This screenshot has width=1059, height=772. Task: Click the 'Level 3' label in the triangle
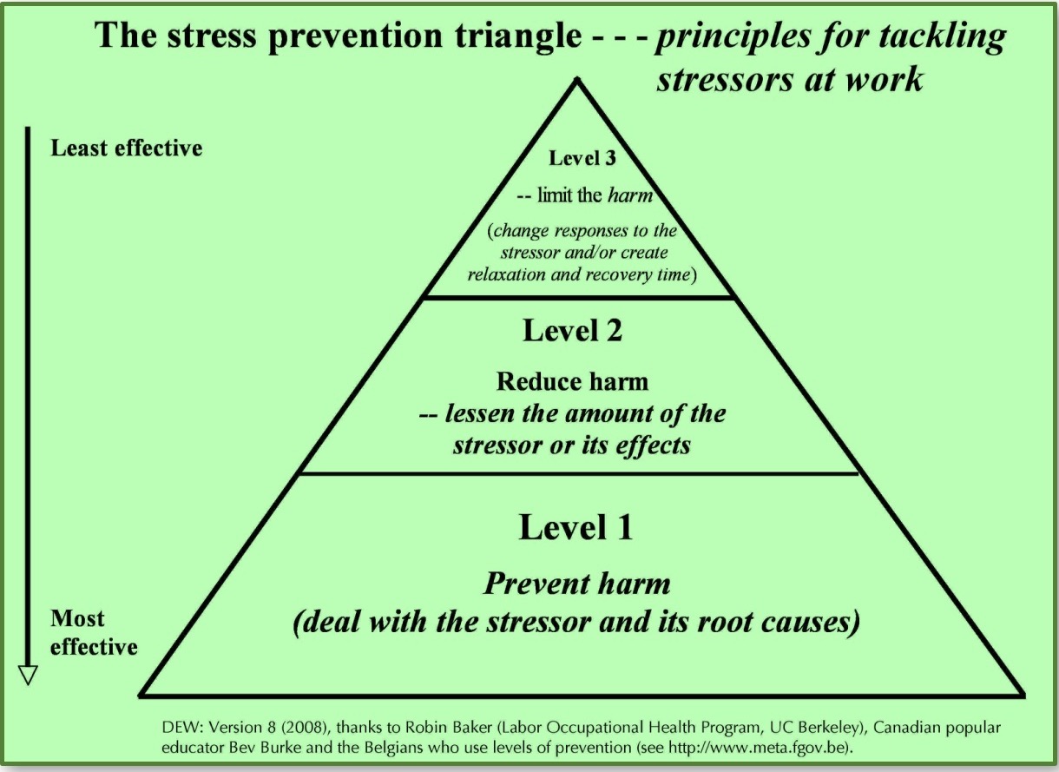582,158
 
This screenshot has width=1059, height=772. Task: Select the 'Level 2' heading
573,330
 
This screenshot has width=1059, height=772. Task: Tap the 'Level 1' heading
576,526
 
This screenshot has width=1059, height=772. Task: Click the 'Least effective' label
126,148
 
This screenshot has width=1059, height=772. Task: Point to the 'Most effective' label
94,632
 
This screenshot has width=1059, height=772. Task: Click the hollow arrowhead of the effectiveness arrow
28,676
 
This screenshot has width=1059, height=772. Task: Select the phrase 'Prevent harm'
576,584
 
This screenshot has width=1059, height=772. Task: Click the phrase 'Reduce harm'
572,381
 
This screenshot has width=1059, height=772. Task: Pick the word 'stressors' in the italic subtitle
724,79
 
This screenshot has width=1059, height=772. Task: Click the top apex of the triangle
576,80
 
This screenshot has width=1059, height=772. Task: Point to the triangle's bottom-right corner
1023,696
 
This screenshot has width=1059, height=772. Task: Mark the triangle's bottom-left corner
141,696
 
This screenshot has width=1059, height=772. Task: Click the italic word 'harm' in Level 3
630,195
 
